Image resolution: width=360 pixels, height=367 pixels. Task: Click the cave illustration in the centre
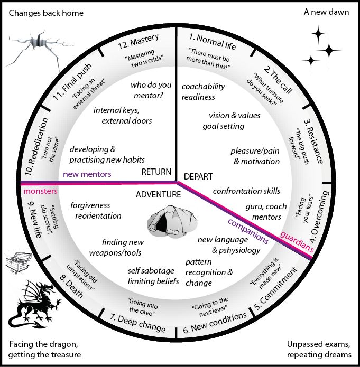tap(172, 221)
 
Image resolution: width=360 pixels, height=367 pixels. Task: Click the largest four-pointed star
tap(329, 50)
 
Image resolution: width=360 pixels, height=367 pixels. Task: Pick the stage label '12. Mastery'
tap(138, 41)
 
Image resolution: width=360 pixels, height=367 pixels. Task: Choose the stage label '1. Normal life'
tap(212, 42)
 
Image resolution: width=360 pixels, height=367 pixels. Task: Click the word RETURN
tap(156, 172)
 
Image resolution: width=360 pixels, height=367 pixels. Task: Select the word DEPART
tap(198, 176)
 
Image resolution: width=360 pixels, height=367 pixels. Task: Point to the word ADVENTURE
tap(158, 194)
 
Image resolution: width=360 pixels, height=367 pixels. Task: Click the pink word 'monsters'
tap(40, 191)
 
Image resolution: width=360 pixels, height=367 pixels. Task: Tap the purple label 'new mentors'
tap(87, 174)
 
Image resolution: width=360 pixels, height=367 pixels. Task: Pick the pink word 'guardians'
tap(297, 241)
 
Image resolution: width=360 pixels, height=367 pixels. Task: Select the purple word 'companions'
tap(248, 231)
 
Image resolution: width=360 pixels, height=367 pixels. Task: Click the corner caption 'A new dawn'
tap(326, 12)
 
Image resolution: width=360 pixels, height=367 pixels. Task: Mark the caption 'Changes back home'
tap(46, 13)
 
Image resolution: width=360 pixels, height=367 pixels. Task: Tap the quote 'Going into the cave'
tap(143, 306)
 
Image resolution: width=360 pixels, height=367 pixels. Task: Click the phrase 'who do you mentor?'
tap(151, 90)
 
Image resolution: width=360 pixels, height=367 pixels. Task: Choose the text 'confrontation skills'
tap(246, 191)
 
